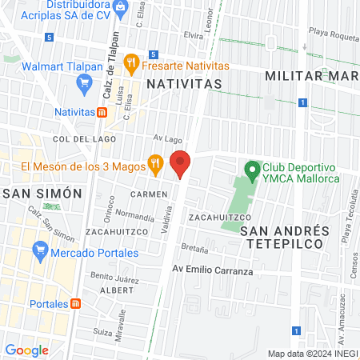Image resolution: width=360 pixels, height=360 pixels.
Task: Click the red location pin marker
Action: coord(181,164)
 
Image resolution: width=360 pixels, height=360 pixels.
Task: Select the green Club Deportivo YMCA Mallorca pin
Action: coord(253,170)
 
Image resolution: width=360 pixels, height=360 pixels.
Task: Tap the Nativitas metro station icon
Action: coord(102,112)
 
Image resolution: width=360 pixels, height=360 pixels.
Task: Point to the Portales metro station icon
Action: coord(75,304)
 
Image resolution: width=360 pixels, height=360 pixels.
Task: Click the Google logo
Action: coord(26,350)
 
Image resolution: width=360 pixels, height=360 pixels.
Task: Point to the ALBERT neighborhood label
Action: coord(117,290)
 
